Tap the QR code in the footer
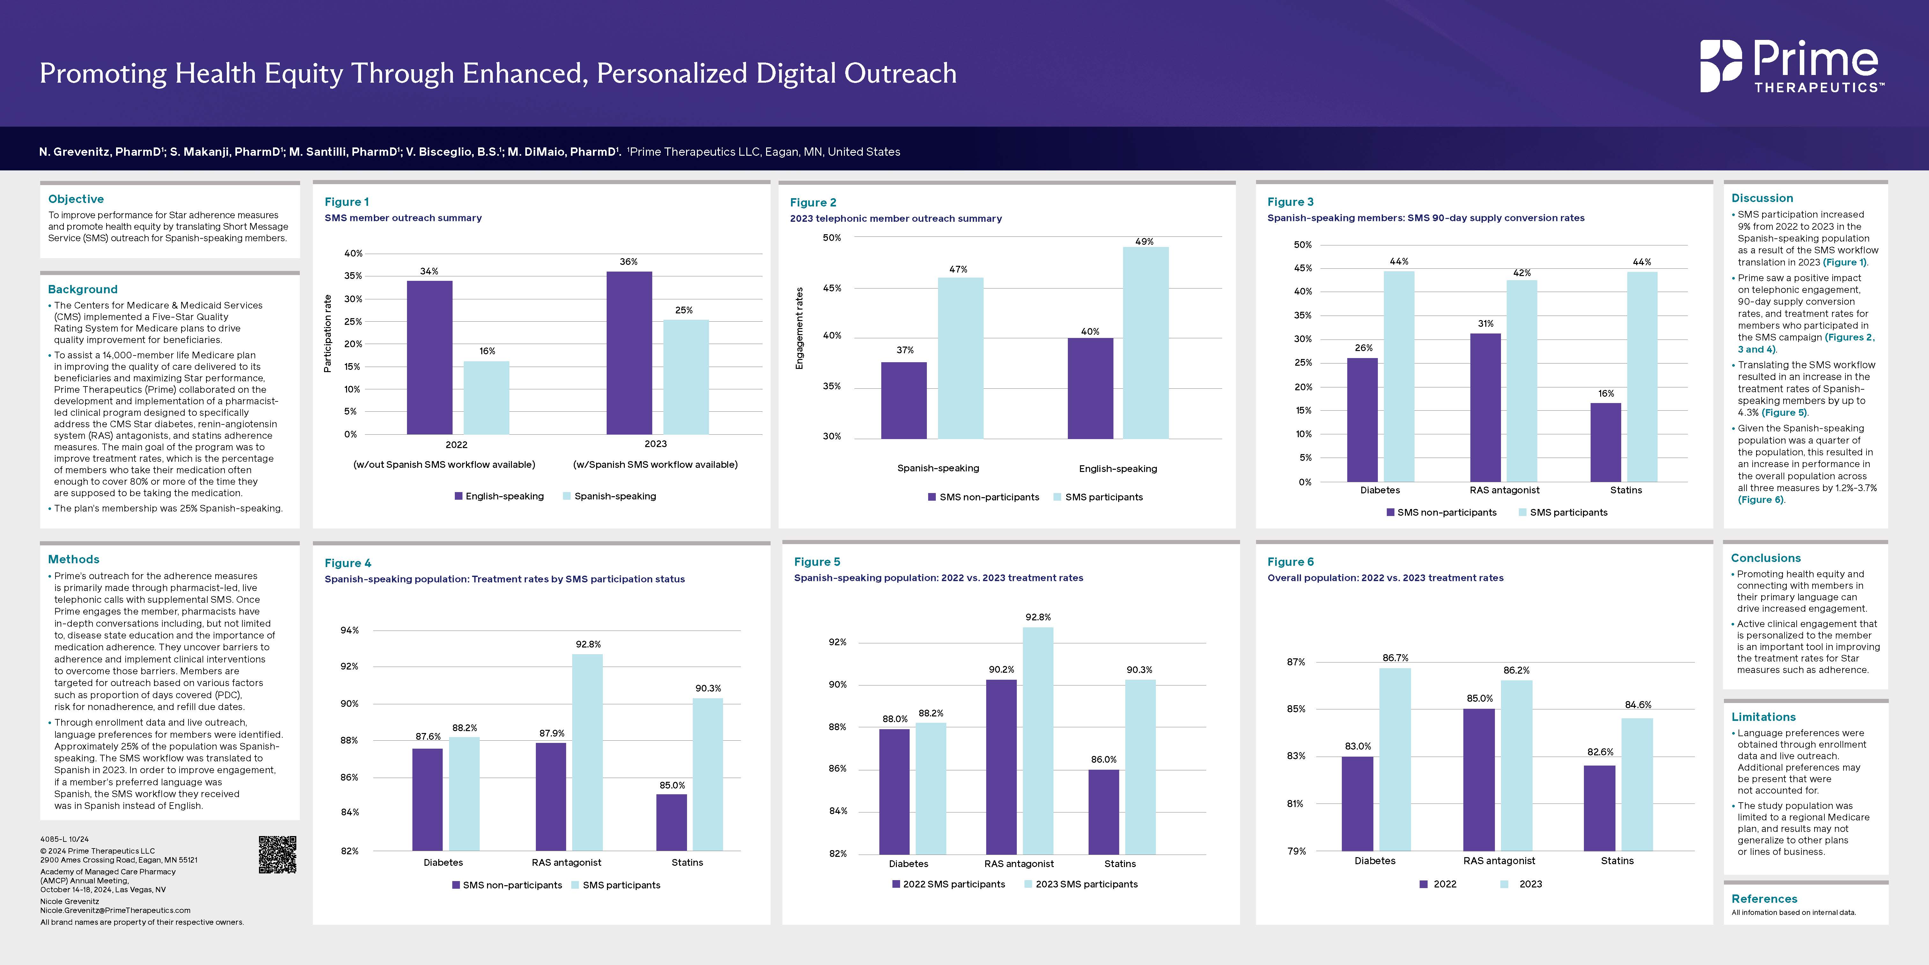point(277,854)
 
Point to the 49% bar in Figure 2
point(1145,342)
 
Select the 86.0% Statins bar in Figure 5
point(1104,812)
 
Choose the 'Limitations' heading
point(1763,717)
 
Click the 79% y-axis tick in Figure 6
point(1296,851)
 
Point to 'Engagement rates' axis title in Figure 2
point(799,328)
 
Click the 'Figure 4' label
point(347,563)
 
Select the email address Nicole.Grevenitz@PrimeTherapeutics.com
point(115,910)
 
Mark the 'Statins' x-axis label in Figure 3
point(1626,490)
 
